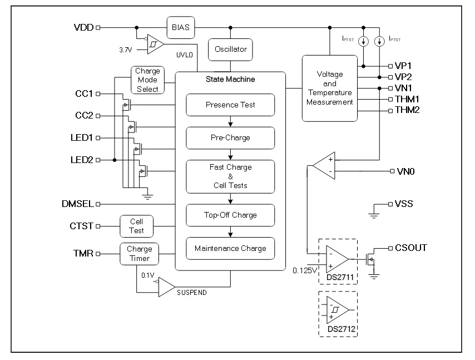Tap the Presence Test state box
[x=230, y=105]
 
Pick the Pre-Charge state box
[x=230, y=137]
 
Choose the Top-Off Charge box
[x=230, y=215]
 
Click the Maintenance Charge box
[x=230, y=248]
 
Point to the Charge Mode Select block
[x=147, y=80]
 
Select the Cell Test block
[x=136, y=226]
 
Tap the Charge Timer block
[x=139, y=254]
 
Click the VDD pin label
[x=84, y=27]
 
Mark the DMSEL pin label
[x=78, y=204]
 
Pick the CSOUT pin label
[x=411, y=248]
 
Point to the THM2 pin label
[x=408, y=110]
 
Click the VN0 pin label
[x=405, y=171]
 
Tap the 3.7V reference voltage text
[x=126, y=50]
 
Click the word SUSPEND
[x=192, y=292]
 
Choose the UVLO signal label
[x=184, y=56]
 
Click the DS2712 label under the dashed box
[x=340, y=329]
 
